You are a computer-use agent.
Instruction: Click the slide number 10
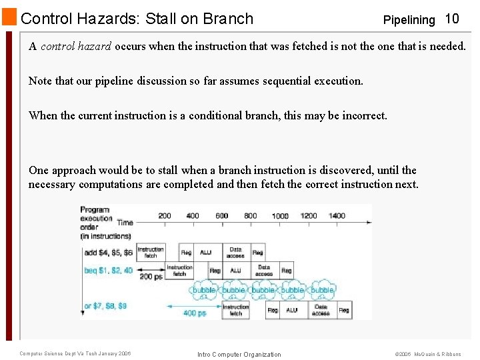(x=452, y=19)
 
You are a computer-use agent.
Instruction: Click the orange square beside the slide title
(x=9, y=18)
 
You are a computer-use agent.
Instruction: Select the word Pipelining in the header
(x=409, y=20)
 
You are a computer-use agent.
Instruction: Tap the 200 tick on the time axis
(x=164, y=216)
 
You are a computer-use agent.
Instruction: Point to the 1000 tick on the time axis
(x=280, y=216)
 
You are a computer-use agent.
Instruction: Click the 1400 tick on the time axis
(x=337, y=216)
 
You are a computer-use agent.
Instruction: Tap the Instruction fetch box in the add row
(x=151, y=252)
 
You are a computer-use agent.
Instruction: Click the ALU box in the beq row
(x=235, y=271)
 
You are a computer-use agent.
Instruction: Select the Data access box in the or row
(x=321, y=310)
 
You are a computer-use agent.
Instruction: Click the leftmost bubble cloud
(x=204, y=290)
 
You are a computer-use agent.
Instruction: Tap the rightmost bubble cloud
(x=322, y=290)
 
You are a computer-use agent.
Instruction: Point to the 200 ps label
(x=151, y=276)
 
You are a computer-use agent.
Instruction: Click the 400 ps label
(x=194, y=312)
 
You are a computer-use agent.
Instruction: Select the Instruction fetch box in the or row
(x=235, y=310)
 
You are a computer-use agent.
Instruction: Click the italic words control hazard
(x=76, y=47)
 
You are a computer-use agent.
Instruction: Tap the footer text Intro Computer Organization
(x=239, y=354)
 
